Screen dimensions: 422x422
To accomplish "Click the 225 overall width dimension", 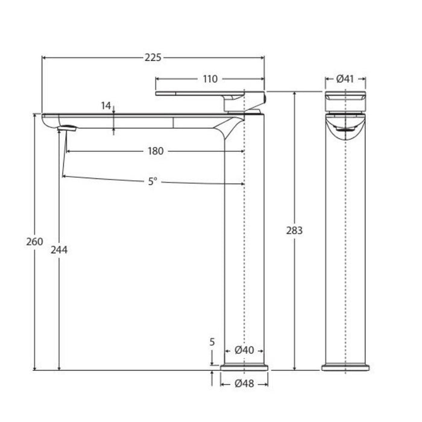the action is tap(153, 58).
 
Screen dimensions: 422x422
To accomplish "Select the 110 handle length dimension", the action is tap(210, 79).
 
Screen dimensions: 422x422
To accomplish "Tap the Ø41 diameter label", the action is tap(345, 79).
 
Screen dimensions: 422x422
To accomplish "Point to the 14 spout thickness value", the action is tap(106, 105).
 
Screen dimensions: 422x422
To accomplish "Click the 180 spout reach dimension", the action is tap(156, 151).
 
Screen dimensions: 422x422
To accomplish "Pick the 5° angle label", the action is tap(153, 181).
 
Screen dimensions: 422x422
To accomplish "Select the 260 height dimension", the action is tap(34, 242).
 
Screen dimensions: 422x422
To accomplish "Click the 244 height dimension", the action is tap(59, 250).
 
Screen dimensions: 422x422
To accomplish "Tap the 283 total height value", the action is tap(294, 231).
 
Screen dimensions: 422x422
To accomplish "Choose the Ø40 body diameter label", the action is tap(244, 350).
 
